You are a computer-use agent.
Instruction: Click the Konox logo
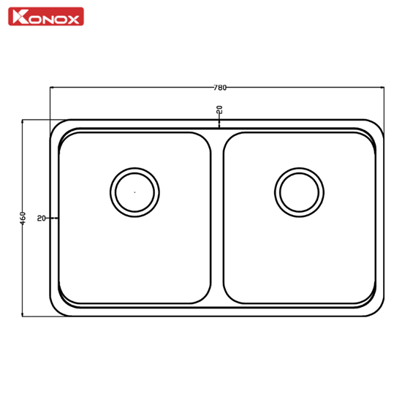point(46,16)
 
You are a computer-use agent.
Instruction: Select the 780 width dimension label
point(220,88)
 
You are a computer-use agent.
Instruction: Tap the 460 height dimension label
point(23,219)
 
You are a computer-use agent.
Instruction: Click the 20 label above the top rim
point(220,110)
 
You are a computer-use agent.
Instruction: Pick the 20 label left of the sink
point(41,219)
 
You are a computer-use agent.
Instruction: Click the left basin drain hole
point(135,192)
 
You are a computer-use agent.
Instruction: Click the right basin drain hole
point(299,192)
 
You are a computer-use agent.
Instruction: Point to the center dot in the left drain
point(135,192)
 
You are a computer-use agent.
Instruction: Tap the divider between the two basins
point(217,218)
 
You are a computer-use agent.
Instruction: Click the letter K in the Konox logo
point(18,17)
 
